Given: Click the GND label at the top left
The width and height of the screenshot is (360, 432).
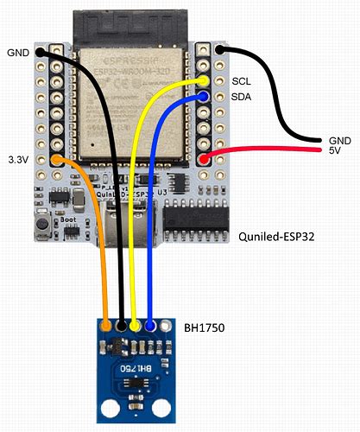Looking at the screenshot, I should (x=18, y=51).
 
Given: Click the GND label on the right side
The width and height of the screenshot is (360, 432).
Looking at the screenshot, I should (x=339, y=139).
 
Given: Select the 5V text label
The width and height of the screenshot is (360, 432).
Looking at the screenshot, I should (x=335, y=151).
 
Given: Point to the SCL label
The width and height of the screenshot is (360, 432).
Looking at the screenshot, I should (x=242, y=80).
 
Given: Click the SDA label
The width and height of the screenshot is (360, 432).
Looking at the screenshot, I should (x=242, y=97).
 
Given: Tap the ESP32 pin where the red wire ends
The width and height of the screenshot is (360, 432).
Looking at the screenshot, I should (x=204, y=159).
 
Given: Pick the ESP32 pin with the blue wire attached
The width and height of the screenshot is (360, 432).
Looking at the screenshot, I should (x=204, y=97).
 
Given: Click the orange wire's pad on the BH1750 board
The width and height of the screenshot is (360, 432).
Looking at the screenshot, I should (x=106, y=327).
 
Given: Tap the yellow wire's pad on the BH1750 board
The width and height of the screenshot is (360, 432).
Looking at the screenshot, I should (x=136, y=327).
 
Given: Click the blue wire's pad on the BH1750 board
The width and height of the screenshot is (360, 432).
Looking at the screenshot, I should (x=150, y=327).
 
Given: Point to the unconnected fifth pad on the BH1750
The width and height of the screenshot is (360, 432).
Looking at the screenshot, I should (x=165, y=327).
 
